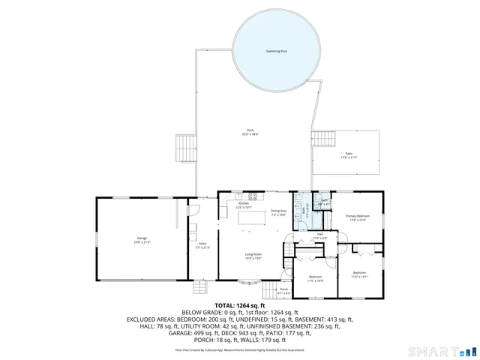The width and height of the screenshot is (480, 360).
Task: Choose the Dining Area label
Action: [x=278, y=212]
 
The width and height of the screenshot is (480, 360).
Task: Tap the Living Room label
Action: [x=253, y=256]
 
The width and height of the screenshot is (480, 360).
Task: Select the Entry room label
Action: [x=202, y=244]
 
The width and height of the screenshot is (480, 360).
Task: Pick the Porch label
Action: [x=283, y=289]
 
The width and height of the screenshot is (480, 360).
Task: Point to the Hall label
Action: [x=319, y=235]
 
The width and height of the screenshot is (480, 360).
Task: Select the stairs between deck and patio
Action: [x=323, y=139]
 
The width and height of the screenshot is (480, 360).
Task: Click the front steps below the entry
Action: [x=200, y=289]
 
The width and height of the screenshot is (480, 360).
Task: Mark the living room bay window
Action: [x=250, y=283]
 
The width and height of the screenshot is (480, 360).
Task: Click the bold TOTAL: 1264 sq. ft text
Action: [x=239, y=306]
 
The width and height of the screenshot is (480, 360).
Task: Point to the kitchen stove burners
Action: [x=253, y=196]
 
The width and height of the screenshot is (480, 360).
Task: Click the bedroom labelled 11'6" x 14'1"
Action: [x=359, y=274]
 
